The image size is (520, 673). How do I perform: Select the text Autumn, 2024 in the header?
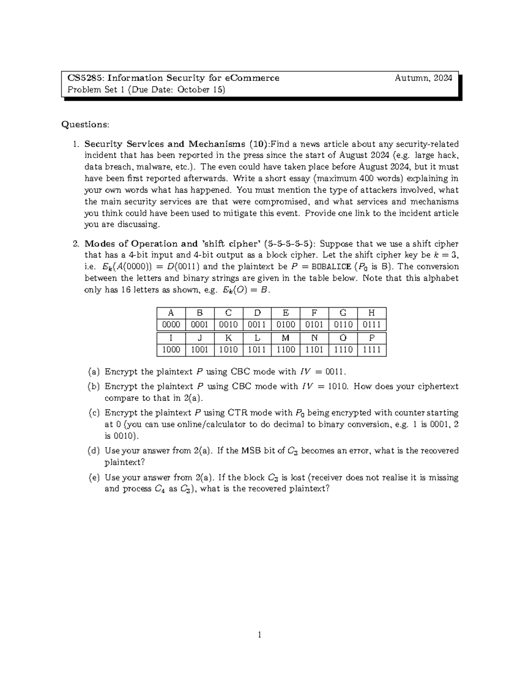click(x=423, y=78)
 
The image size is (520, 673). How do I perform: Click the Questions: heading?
click(x=85, y=124)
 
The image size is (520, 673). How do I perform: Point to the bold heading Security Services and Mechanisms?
click(x=165, y=144)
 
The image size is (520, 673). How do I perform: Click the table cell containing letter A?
click(x=171, y=313)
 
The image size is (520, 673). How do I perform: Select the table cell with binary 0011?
click(x=257, y=325)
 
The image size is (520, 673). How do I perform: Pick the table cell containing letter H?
click(x=372, y=313)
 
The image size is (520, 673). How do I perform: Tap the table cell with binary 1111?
click(x=372, y=350)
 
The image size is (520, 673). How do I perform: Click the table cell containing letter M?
click(x=286, y=338)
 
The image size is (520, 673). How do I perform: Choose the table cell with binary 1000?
click(x=171, y=350)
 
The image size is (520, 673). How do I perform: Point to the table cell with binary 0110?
click(x=343, y=325)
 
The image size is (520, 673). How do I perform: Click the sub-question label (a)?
click(x=94, y=372)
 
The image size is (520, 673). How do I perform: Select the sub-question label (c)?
click(x=94, y=413)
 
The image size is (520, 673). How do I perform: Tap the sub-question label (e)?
click(x=94, y=478)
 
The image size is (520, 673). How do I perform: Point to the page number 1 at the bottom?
click(x=260, y=635)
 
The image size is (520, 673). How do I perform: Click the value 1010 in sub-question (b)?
click(x=338, y=387)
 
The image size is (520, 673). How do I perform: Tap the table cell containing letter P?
click(x=372, y=338)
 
